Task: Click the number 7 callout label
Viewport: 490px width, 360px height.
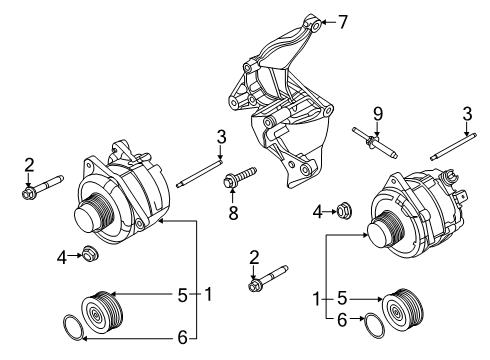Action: pos(343,21)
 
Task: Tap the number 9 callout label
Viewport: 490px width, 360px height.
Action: pos(379,112)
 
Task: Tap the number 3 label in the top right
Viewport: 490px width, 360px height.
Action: pos(467,112)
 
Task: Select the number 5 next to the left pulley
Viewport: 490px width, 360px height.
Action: pos(182,295)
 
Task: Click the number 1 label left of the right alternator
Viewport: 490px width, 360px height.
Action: pos(318,298)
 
